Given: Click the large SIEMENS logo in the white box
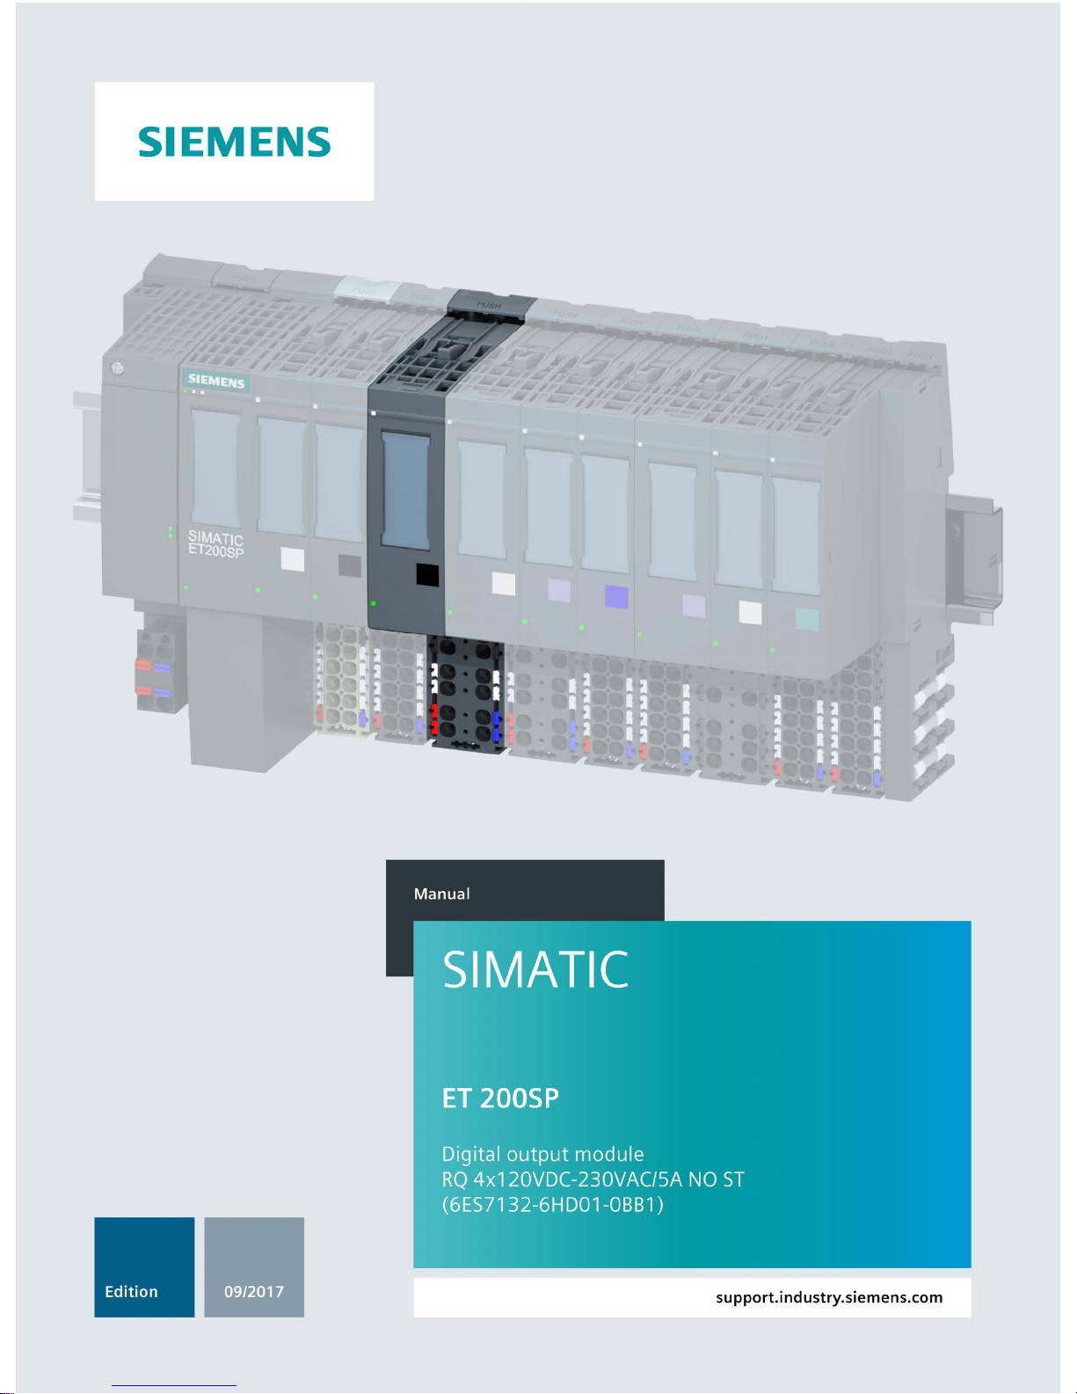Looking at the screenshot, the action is coord(234,142).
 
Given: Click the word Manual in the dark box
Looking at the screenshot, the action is coord(441,894).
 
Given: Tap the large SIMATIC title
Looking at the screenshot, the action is coord(535,969).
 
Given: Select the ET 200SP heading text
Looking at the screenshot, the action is coord(500,1098).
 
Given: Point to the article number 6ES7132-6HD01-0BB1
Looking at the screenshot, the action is coord(552,1204).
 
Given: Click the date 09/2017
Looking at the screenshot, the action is coord(254,1291).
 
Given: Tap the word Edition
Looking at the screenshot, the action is coord(131,1291).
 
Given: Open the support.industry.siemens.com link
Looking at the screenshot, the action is coord(828,1297).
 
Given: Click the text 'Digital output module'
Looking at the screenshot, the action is coord(542,1154).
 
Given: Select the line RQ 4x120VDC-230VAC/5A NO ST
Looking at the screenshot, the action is coord(593,1179).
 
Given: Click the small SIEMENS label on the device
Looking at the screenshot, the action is coord(216,382).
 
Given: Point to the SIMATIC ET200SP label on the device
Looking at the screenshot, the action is coord(215,544).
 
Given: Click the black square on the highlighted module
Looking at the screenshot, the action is coord(426,575).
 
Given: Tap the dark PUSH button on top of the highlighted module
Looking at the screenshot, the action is coord(488,304).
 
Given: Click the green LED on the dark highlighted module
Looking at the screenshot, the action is coord(374,604).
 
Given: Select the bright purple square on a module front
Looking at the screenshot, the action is coord(616,596).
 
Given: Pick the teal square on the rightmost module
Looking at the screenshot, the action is coord(806,619).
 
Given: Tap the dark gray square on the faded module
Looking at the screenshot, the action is coord(350,565).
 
